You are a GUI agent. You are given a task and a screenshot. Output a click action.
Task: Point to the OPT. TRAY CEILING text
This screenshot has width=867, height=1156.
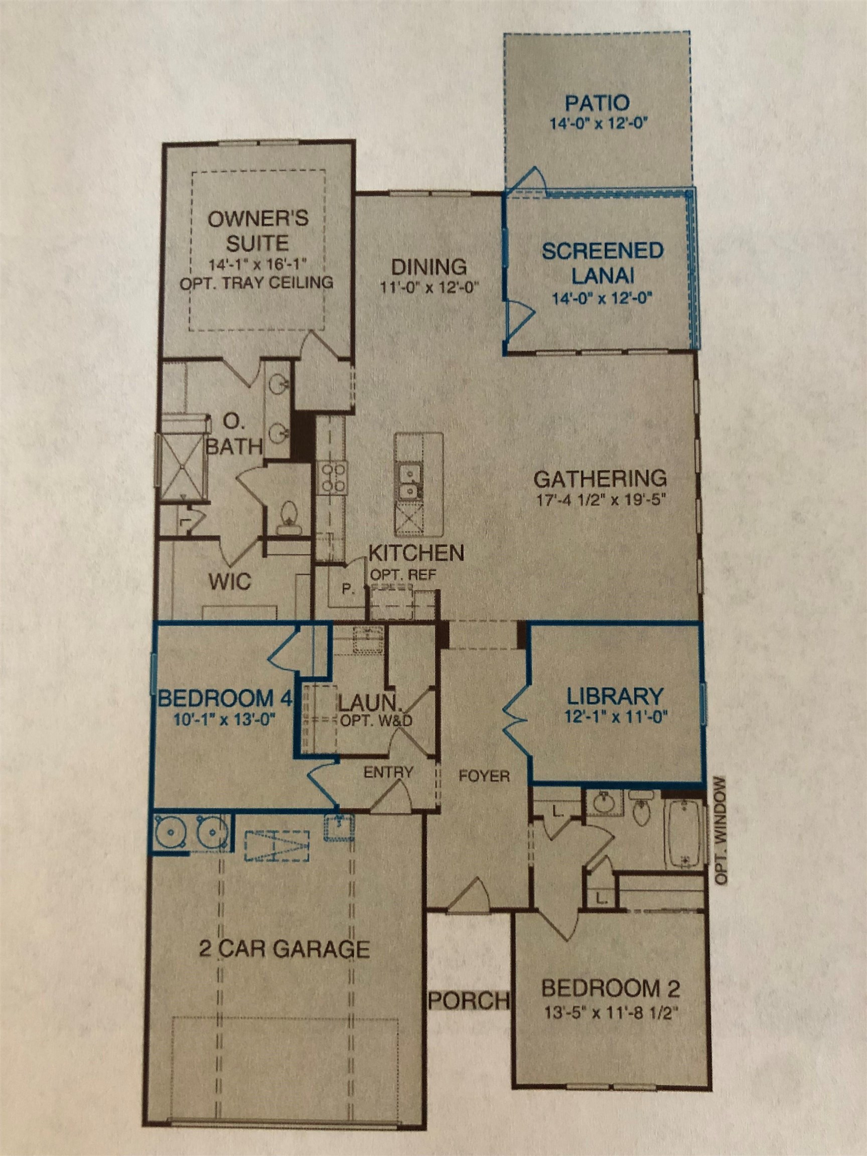pyautogui.click(x=256, y=283)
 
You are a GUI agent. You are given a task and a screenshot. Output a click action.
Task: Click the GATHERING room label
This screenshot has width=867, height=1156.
pyautogui.click(x=601, y=477)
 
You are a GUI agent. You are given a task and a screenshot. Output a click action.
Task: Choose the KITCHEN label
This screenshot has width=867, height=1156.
pyautogui.click(x=416, y=552)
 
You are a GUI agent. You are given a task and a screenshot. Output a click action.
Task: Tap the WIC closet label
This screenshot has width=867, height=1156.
pyautogui.click(x=230, y=581)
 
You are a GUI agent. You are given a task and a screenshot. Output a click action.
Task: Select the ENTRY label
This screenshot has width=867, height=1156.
pyautogui.click(x=388, y=772)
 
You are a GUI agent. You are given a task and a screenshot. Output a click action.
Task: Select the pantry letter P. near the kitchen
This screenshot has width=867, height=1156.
pyautogui.click(x=348, y=590)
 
